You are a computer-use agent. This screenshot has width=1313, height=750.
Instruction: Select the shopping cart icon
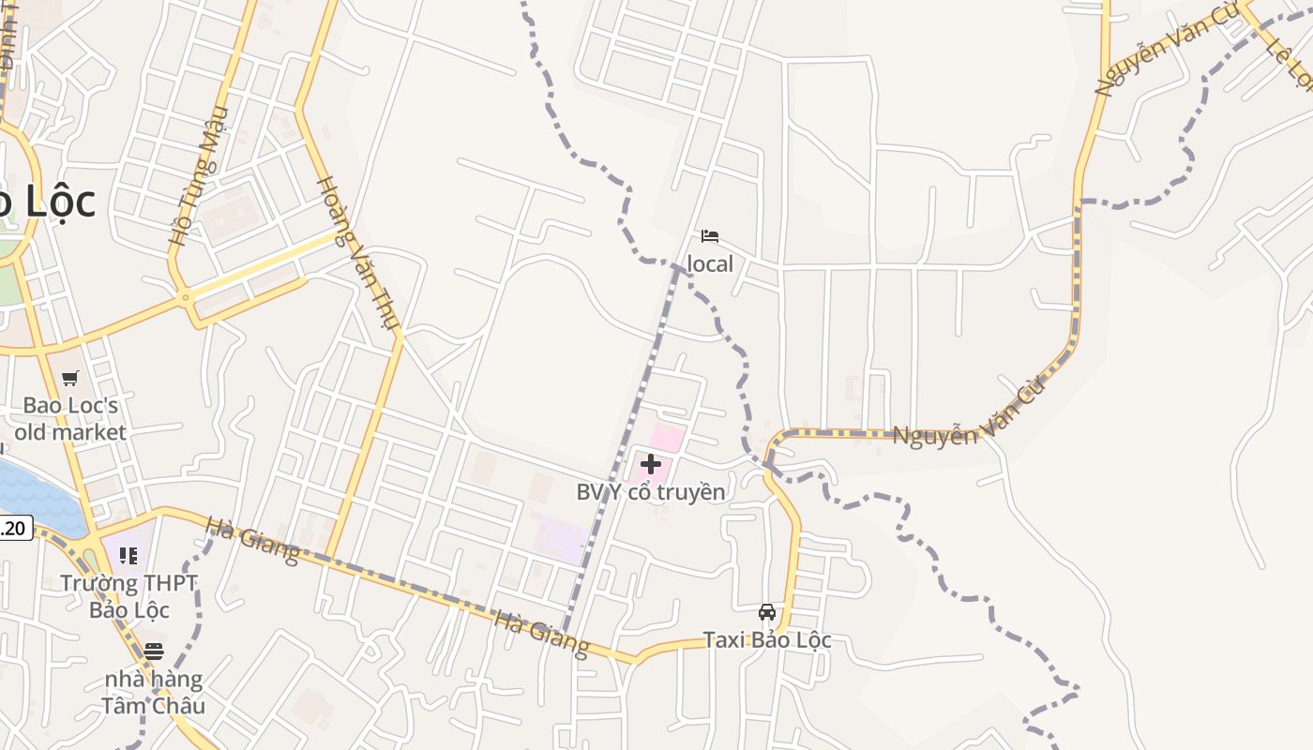(x=70, y=379)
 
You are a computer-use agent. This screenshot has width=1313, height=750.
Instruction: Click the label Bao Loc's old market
(x=70, y=419)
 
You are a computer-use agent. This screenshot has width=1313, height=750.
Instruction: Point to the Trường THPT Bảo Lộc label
(x=128, y=596)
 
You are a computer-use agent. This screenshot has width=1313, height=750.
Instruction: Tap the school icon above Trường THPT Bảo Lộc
(x=128, y=556)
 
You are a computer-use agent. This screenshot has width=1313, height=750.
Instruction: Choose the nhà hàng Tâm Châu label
(x=153, y=692)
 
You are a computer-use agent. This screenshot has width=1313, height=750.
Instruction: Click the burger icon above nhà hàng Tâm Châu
(x=153, y=651)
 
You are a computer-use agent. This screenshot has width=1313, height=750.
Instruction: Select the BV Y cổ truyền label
(x=650, y=491)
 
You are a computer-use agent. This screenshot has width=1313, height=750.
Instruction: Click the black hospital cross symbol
(x=650, y=463)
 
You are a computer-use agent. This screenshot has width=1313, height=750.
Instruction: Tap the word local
(x=710, y=264)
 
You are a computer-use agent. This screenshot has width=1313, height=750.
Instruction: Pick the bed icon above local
(x=710, y=235)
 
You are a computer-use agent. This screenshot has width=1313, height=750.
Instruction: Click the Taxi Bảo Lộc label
(x=767, y=640)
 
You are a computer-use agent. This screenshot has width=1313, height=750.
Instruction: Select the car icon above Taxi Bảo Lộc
(x=767, y=612)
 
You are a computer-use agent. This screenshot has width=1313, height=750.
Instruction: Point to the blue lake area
(x=38, y=497)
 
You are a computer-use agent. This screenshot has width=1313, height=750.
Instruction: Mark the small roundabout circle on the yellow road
(x=186, y=298)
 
